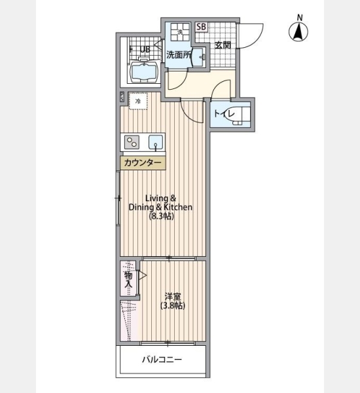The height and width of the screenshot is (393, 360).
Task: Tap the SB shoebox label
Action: click(x=201, y=27)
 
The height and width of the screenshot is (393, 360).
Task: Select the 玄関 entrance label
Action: click(x=223, y=45)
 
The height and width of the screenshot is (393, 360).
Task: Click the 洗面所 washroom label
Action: click(x=179, y=55)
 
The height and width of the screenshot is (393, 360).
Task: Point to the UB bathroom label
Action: click(x=145, y=49)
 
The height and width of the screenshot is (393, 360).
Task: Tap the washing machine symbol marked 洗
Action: click(x=180, y=32)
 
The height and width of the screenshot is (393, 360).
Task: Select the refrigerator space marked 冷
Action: click(x=137, y=101)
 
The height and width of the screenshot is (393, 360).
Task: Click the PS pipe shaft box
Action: click(x=122, y=97)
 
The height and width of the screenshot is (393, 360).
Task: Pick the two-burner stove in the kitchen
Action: click(x=132, y=142)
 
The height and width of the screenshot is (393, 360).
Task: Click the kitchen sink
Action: click(x=156, y=142)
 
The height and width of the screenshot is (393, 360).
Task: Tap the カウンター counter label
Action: click(x=143, y=163)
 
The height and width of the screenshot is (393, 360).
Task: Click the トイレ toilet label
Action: click(x=225, y=114)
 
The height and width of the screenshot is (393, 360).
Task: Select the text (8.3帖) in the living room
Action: click(x=161, y=216)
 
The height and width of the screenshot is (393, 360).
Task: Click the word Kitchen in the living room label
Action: click(x=178, y=207)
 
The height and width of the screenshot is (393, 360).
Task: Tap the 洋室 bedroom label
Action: click(x=173, y=297)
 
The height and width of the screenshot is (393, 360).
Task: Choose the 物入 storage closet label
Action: click(x=128, y=280)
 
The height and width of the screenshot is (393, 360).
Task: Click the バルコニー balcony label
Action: click(x=162, y=360)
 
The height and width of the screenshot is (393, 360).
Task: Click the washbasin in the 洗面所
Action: click(x=200, y=58)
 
